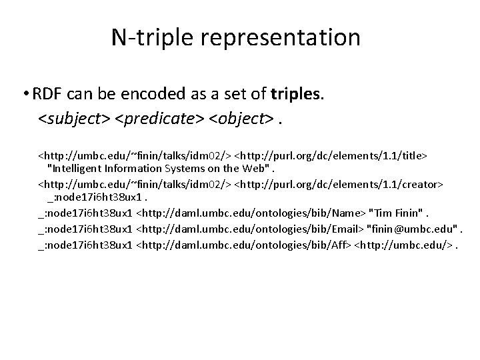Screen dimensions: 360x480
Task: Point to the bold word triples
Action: [293, 95]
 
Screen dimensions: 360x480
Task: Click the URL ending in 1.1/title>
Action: [330, 155]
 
